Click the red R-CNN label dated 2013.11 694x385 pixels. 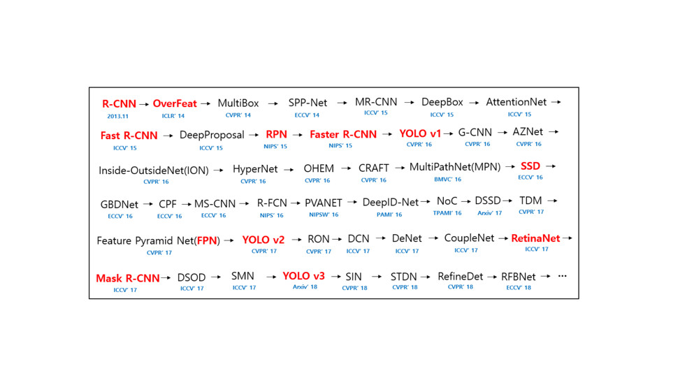pyautogui.click(x=119, y=104)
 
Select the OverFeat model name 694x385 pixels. pyautogui.click(x=175, y=103)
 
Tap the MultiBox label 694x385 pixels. pyautogui.click(x=238, y=103)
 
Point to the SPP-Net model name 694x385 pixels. pyautogui.click(x=308, y=103)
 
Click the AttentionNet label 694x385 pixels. pyautogui.click(x=516, y=102)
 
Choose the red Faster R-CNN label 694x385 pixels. pyautogui.click(x=343, y=134)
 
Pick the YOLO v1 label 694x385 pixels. pyautogui.click(x=420, y=133)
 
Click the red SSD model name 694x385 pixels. pyautogui.click(x=530, y=166)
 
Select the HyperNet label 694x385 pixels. pyautogui.click(x=255, y=168)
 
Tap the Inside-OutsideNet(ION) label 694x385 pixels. pyautogui.click(x=154, y=170)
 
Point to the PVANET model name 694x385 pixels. pyautogui.click(x=324, y=203)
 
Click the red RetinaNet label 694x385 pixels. pyautogui.click(x=535, y=238)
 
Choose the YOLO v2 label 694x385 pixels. pyautogui.click(x=263, y=240)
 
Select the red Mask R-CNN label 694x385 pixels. pyautogui.click(x=128, y=278)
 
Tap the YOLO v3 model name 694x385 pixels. pyautogui.click(x=303, y=276)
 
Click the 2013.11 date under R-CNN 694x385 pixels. pyautogui.click(x=117, y=117)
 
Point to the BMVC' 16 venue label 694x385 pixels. pyautogui.click(x=447, y=179)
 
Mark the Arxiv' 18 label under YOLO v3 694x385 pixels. pyautogui.click(x=305, y=286)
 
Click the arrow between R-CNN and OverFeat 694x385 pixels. pyautogui.click(x=144, y=104)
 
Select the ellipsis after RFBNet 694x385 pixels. pyautogui.click(x=562, y=276)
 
